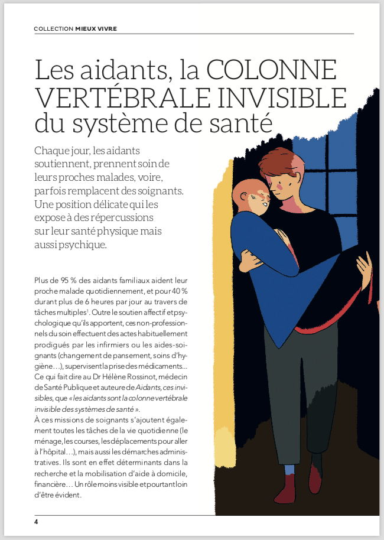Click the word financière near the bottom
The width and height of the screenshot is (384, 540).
point(50,484)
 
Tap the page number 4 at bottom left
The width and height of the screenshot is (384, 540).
point(36,522)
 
